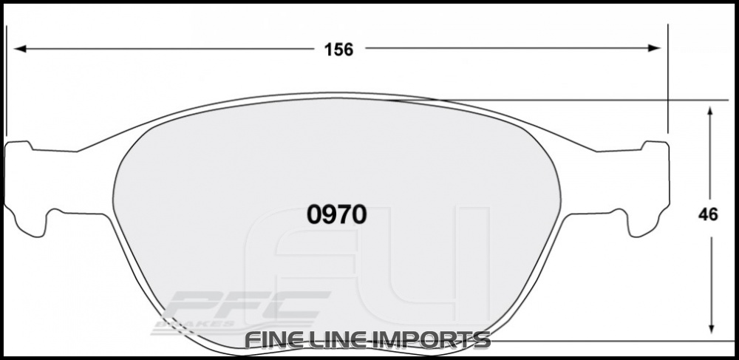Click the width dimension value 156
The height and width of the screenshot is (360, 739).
tap(338, 50)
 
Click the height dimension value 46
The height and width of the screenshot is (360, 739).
tap(709, 216)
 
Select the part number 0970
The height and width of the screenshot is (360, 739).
tap(336, 214)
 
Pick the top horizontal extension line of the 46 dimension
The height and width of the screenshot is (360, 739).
tap(591, 100)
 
